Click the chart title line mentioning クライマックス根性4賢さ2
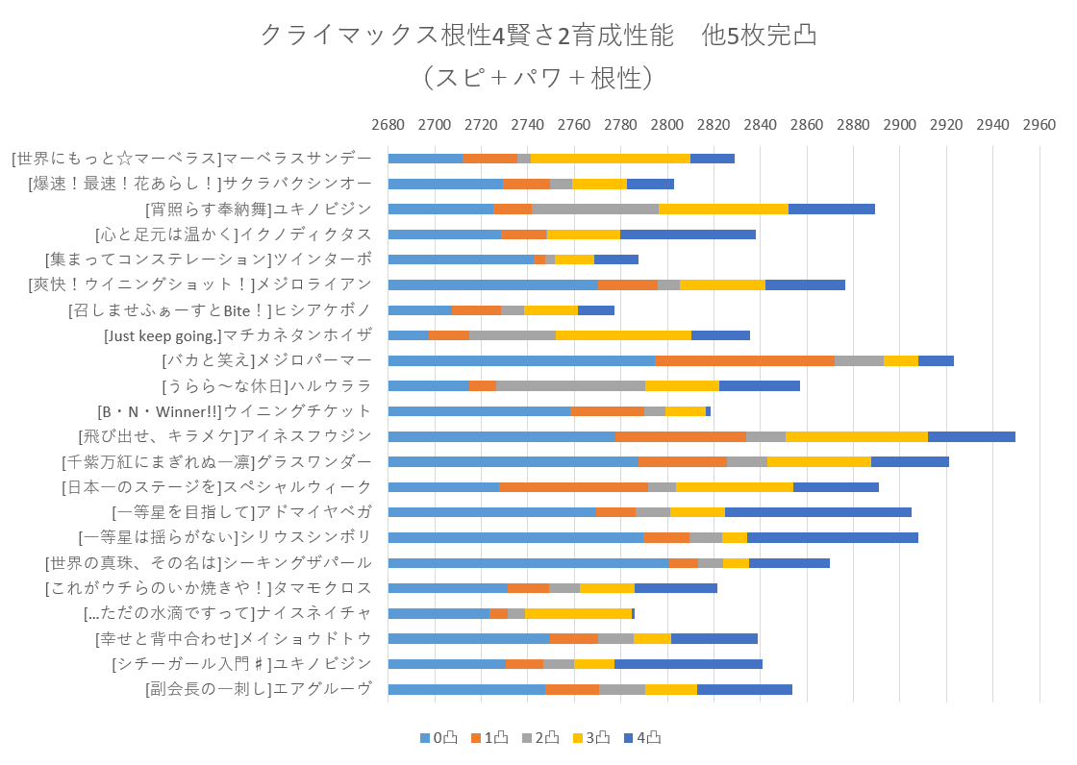pyautogui.click(x=538, y=36)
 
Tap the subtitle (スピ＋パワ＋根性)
pyautogui.click(x=538, y=77)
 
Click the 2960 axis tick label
pyautogui.click(x=1039, y=125)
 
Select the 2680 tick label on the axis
pyautogui.click(x=388, y=125)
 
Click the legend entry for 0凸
pyautogui.click(x=438, y=738)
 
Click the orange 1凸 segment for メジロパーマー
pyautogui.click(x=744, y=360)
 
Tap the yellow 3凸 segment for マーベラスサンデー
pyautogui.click(x=610, y=159)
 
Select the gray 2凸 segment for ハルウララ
pyautogui.click(x=570, y=385)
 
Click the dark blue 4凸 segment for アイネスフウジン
pyautogui.click(x=971, y=436)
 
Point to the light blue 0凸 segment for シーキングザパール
pyautogui.click(x=528, y=562)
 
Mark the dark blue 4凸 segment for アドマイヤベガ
pyautogui.click(x=817, y=512)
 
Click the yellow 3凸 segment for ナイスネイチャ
pyautogui.click(x=578, y=613)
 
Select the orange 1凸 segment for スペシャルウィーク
pyautogui.click(x=573, y=486)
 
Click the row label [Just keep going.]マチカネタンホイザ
pyautogui.click(x=238, y=335)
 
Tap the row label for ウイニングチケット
pyautogui.click(x=235, y=411)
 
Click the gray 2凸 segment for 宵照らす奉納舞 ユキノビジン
pyautogui.click(x=595, y=209)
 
